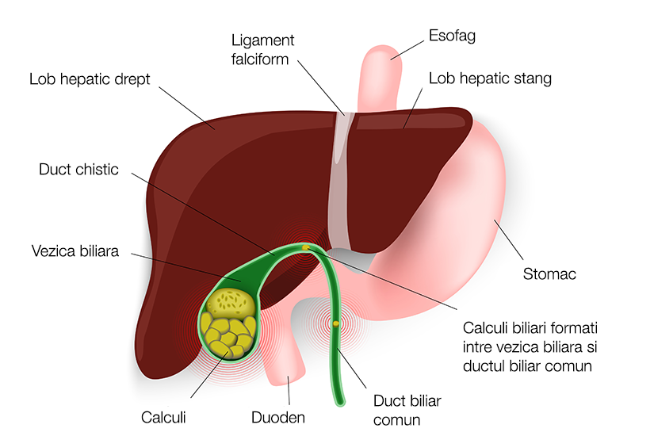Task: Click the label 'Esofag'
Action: [x=452, y=36]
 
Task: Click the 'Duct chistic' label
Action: [x=78, y=170]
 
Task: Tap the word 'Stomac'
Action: [x=549, y=274]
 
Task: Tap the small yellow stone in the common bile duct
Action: [x=336, y=323]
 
